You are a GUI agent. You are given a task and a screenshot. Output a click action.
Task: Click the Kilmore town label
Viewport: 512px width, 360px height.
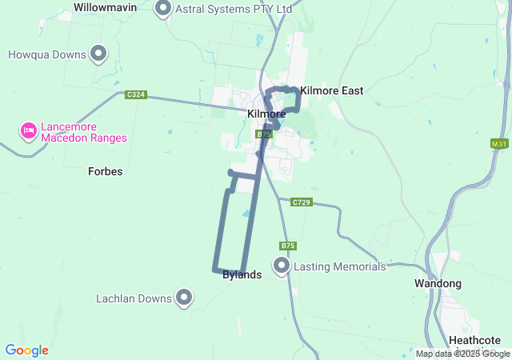[x=266, y=114]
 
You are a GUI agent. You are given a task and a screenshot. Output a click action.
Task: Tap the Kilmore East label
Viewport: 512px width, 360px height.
[x=331, y=91]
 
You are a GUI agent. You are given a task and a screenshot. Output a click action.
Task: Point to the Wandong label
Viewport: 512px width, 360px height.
[x=438, y=284]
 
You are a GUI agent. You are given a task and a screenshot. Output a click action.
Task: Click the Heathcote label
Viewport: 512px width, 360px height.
[x=481, y=340]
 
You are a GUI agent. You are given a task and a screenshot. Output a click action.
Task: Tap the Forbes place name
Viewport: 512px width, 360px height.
[x=105, y=171]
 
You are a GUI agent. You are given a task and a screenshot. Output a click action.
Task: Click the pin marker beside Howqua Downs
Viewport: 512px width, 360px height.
[x=99, y=54]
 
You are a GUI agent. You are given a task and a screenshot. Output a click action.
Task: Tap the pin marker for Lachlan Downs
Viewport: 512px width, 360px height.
[x=184, y=298]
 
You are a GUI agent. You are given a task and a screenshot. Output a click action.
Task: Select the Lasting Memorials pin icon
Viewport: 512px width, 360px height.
[x=282, y=265]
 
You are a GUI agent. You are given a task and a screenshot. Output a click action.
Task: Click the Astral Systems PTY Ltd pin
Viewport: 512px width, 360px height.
[x=163, y=9]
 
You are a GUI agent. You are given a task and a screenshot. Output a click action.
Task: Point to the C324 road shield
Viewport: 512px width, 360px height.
[x=136, y=94]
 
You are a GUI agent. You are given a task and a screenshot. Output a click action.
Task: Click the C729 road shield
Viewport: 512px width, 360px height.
[x=301, y=202]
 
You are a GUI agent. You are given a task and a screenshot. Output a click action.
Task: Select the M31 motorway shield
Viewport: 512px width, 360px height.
[x=499, y=144]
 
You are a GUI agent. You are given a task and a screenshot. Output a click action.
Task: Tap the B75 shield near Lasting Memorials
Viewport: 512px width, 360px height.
[x=288, y=246]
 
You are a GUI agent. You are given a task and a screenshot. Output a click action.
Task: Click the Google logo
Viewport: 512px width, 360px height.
[x=26, y=350]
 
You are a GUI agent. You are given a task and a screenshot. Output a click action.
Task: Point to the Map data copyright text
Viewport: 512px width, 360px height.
[x=462, y=354]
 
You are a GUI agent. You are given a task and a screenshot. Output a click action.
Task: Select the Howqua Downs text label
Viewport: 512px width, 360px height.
[x=46, y=55]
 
